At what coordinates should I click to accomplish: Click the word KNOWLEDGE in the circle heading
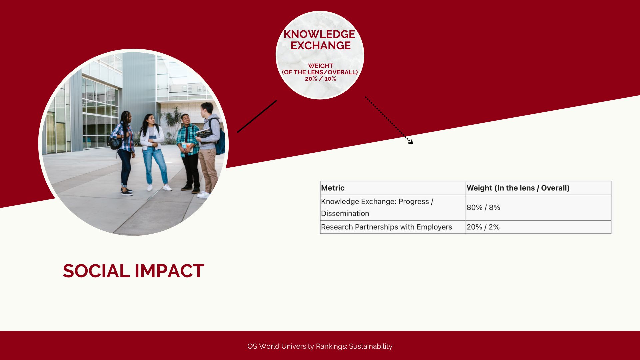[319, 34]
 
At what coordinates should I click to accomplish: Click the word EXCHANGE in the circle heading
[320, 45]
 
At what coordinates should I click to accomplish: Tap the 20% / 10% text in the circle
[320, 79]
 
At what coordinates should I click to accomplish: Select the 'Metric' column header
[333, 188]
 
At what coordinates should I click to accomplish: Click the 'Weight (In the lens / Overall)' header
[518, 188]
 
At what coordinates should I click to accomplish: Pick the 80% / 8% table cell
[483, 207]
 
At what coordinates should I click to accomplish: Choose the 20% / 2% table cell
[483, 227]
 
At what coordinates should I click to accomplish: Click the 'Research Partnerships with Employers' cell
[386, 227]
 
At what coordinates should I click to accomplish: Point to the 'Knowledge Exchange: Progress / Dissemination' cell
[377, 207]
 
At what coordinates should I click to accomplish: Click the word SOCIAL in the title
[96, 271]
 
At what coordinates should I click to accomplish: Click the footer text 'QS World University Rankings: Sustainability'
[320, 346]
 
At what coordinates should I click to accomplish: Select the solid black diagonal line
[257, 116]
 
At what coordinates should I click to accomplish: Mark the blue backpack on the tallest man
[220, 142]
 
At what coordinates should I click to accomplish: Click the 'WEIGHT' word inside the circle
[320, 66]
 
